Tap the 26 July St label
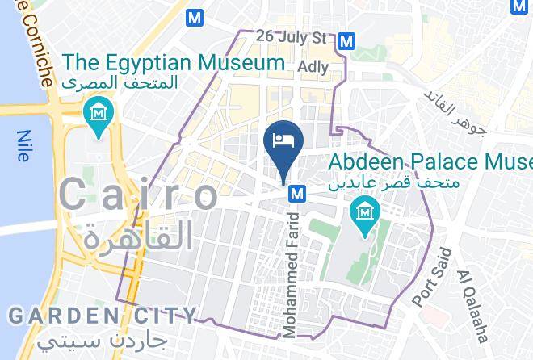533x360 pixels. [291, 37]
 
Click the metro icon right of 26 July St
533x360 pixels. [347, 40]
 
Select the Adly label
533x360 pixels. [313, 67]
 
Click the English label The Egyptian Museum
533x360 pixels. [174, 61]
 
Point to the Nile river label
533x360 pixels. [23, 146]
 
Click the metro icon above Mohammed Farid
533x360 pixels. [297, 194]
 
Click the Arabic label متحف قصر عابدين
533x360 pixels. [394, 183]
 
